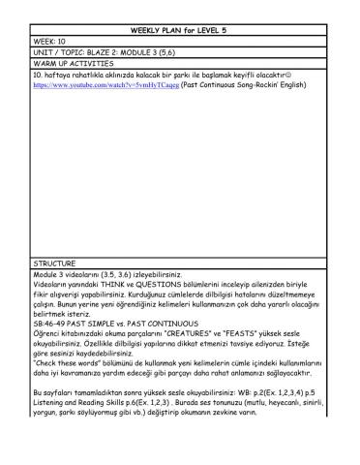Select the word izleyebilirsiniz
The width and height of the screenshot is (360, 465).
click(165, 275)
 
